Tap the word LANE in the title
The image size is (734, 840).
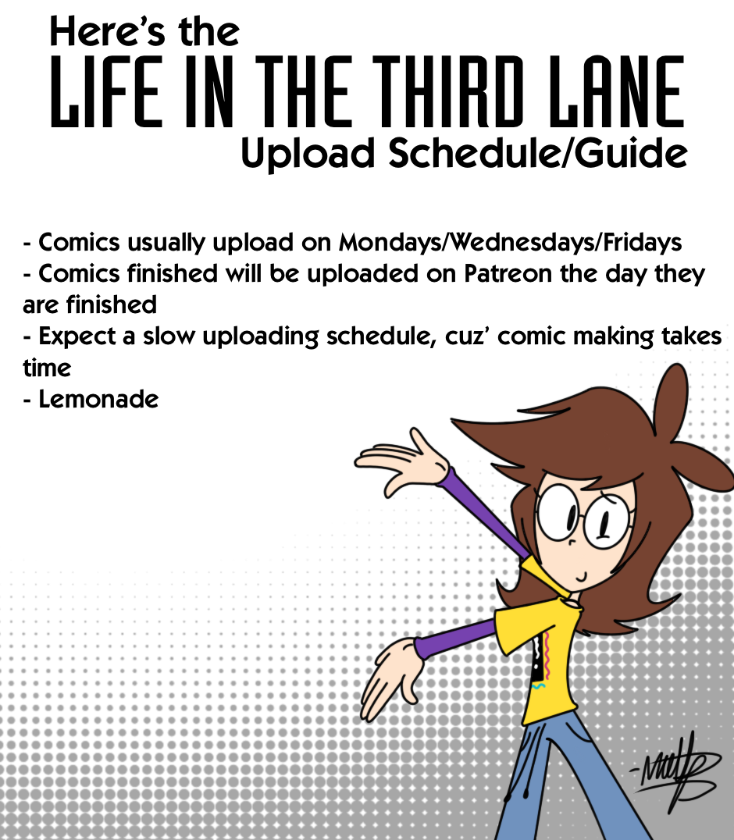coord(617,91)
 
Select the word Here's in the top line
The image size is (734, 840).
coord(107,31)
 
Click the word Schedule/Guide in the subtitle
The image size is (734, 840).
coord(538,153)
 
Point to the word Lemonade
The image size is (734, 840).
coord(98,399)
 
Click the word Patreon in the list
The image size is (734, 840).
coord(508,274)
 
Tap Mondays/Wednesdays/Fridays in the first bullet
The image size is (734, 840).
coord(510,243)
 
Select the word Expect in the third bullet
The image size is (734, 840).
coord(77,337)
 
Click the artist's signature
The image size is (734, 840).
coord(676,771)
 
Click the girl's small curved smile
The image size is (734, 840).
coord(582,578)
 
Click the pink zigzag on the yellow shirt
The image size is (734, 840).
coord(547,655)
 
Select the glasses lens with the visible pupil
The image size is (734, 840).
coord(607,521)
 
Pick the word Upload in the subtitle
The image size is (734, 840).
coord(308,155)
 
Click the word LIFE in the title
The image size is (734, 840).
coord(106,91)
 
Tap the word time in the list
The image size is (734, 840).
coord(47,368)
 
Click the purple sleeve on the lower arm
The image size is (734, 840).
coord(455,638)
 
